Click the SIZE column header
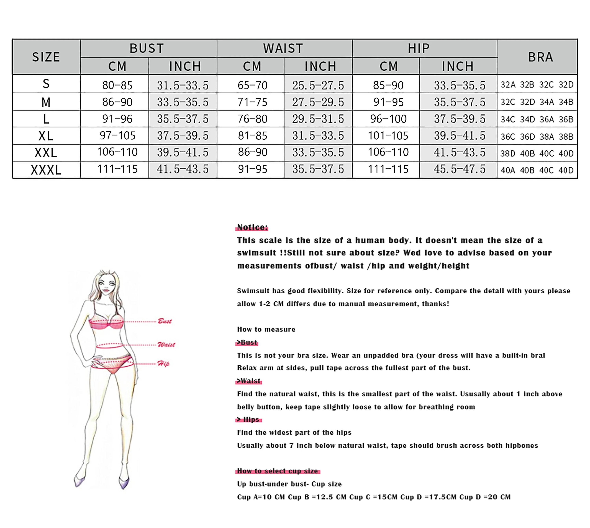[x=46, y=57]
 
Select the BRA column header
[x=540, y=57]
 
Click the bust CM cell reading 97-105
[x=117, y=135]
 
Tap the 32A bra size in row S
[x=508, y=85]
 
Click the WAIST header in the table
[x=283, y=48]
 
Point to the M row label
[x=46, y=102]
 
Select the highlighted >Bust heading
[x=247, y=342]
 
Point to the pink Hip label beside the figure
[x=163, y=364]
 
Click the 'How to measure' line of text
[x=266, y=329]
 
